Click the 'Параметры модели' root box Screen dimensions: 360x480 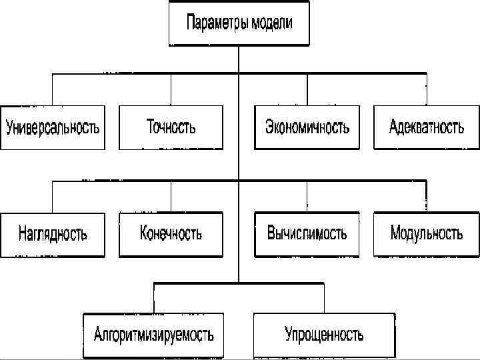tap(239, 22)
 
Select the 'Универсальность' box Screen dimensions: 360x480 tap(53, 127)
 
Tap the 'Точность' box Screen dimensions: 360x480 tap(171, 127)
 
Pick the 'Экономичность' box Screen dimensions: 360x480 tap(307, 127)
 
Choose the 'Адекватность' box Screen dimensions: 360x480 tap(427, 127)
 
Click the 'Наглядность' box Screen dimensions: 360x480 tap(53, 234)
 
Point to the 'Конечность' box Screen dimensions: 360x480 tap(171, 234)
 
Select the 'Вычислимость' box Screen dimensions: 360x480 tap(307, 234)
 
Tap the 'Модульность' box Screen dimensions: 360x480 tap(427, 234)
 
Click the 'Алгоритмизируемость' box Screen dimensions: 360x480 tap(154, 334)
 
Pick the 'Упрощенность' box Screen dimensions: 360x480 tap(324, 334)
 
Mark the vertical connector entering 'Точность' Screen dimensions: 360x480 tap(171, 88)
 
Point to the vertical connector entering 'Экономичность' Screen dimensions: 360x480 tap(307, 88)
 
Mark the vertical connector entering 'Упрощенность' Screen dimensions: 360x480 tap(324, 297)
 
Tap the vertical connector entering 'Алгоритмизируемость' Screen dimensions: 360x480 tap(155, 297)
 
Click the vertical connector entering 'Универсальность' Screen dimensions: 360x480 tap(53, 88)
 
